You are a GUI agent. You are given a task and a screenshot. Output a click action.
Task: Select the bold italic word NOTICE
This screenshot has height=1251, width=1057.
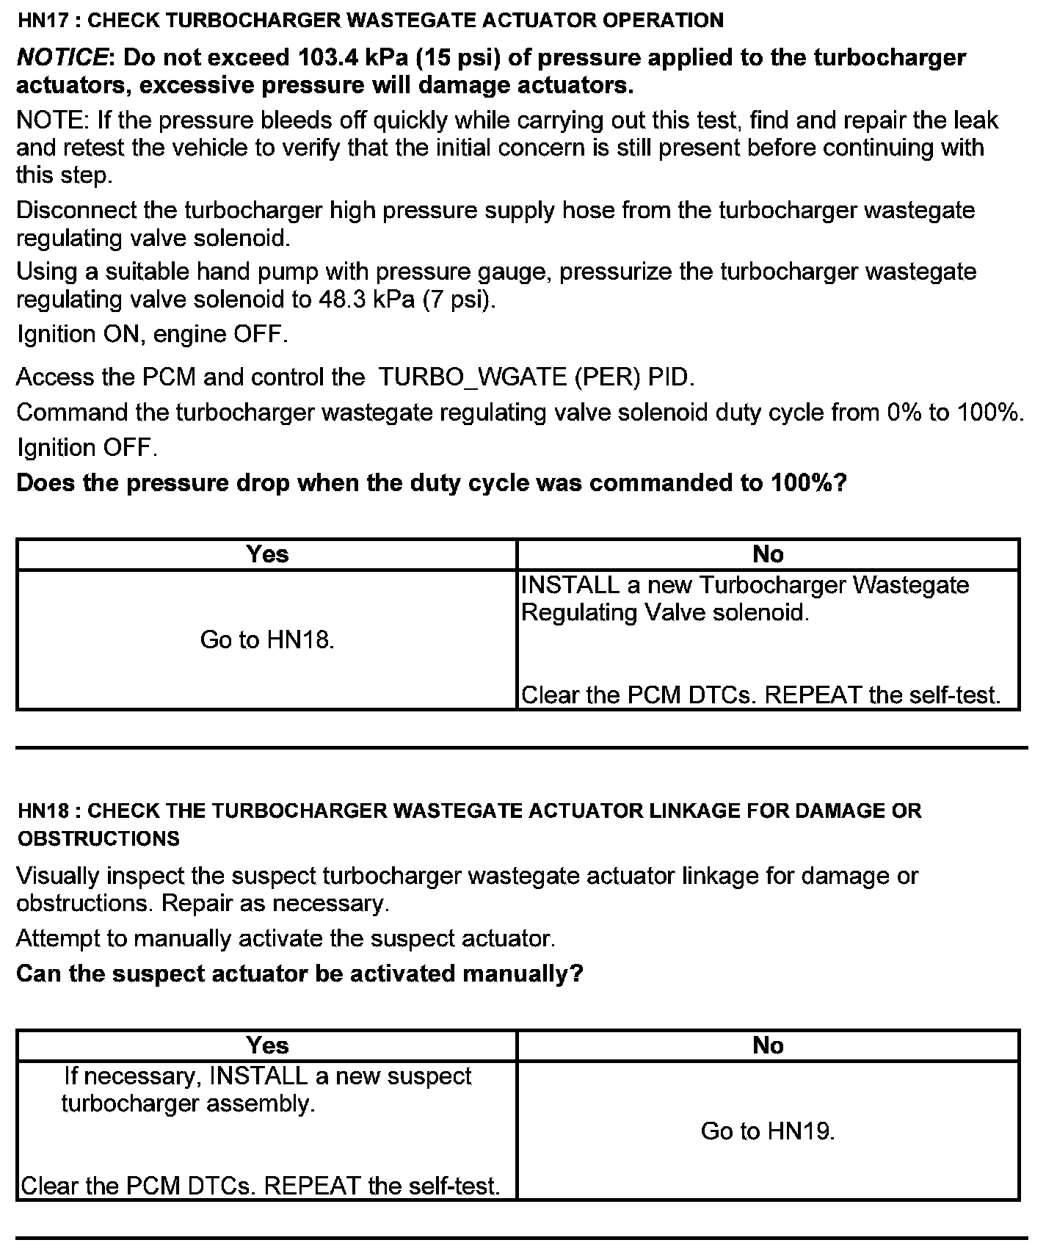62,57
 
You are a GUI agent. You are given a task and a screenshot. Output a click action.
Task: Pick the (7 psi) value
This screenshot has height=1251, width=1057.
460,300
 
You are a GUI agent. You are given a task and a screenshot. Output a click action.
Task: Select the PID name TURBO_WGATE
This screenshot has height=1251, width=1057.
473,377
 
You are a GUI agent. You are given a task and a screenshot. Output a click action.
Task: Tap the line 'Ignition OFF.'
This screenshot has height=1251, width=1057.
87,448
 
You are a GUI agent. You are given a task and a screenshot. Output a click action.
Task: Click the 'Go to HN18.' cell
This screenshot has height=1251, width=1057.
267,640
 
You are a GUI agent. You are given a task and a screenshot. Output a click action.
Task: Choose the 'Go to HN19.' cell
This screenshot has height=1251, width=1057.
768,1131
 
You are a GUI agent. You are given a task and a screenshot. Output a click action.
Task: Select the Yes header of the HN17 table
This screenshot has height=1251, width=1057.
267,554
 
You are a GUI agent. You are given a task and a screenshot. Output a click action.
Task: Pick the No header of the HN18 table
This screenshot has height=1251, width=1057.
768,1045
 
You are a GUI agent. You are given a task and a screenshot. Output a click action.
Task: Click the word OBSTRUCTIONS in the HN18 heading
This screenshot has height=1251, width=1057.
98,838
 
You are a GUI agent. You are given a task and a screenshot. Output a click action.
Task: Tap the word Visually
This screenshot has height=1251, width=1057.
58,876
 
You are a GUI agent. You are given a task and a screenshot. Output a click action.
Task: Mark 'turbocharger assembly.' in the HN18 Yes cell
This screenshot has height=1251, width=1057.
188,1103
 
